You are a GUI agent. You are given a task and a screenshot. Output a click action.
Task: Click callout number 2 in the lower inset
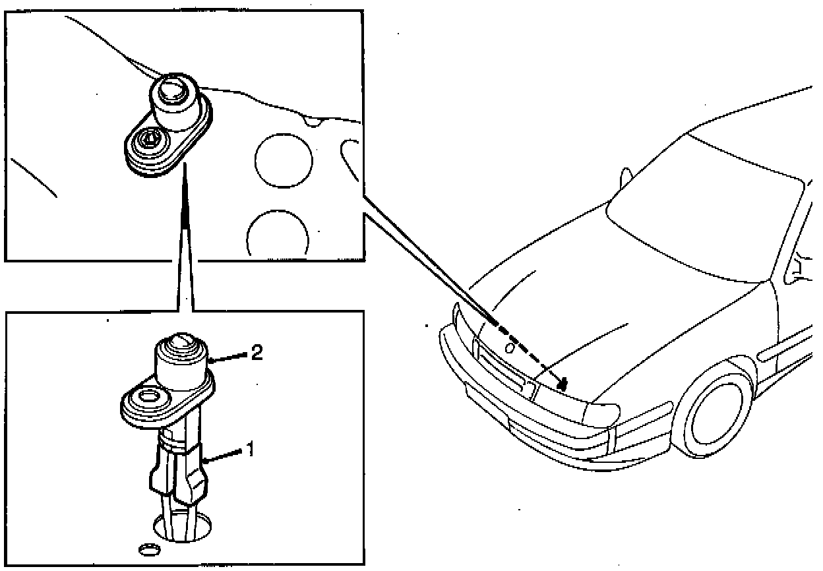point(257,353)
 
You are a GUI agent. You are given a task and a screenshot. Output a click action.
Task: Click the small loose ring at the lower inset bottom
point(149,549)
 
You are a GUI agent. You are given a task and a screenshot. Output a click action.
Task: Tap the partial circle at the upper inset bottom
point(278,234)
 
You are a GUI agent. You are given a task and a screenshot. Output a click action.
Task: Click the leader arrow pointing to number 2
point(228,357)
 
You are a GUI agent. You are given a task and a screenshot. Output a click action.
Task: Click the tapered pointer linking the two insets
point(186,237)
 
